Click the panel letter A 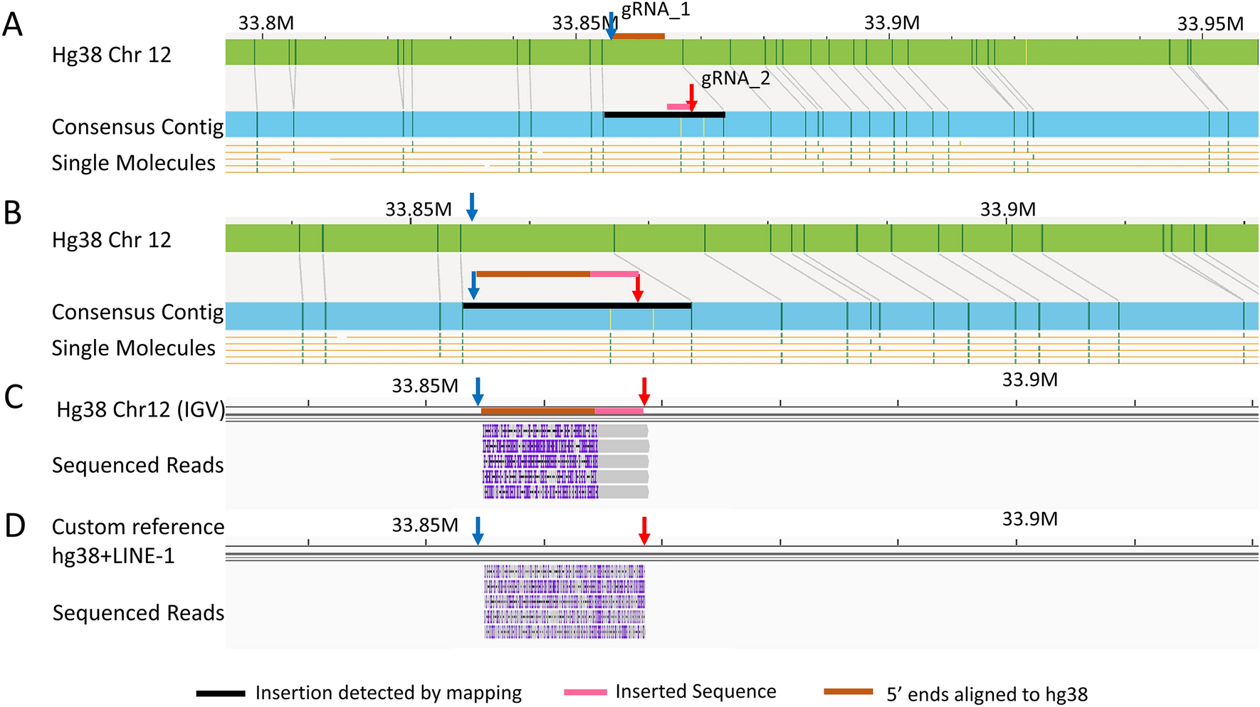(x=12, y=26)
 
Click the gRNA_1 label (x=656, y=10)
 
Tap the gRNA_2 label (x=735, y=78)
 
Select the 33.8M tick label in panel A (x=266, y=23)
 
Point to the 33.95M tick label (x=1209, y=24)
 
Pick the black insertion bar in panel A (x=663, y=115)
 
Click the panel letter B (x=12, y=213)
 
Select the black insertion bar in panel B (x=577, y=305)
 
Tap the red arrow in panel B (x=638, y=288)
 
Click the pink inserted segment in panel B (x=614, y=274)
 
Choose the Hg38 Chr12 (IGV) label (x=140, y=410)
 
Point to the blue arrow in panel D (x=478, y=530)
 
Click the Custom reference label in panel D (x=138, y=527)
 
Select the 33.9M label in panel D (x=1029, y=519)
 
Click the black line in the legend (x=221, y=693)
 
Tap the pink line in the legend (x=585, y=692)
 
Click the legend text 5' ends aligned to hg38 (x=987, y=694)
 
